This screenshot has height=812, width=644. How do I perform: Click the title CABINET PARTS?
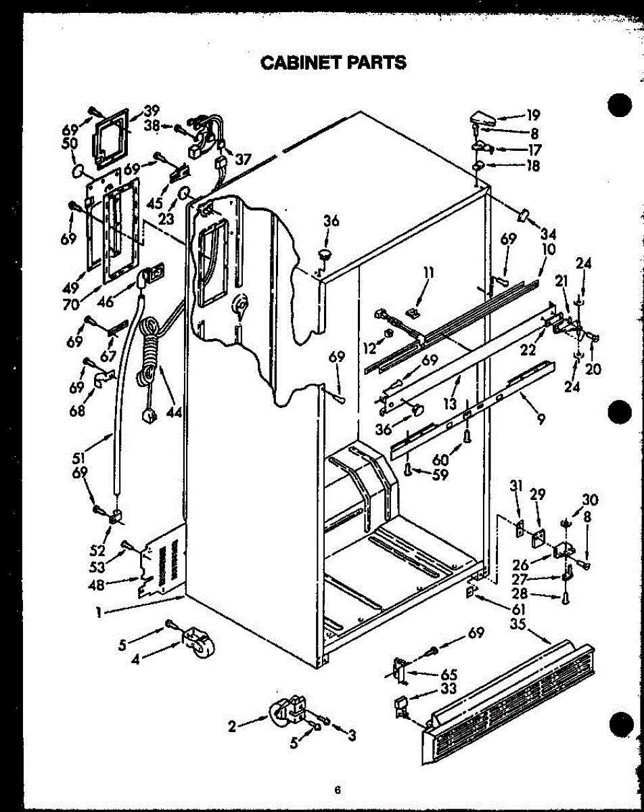tap(333, 63)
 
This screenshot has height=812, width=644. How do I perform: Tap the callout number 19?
tap(534, 115)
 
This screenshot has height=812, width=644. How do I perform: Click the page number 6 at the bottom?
tap(336, 790)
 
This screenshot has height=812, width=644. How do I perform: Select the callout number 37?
tap(242, 160)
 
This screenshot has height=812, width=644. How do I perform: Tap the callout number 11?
tap(428, 275)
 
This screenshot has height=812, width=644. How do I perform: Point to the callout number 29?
tap(537, 495)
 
